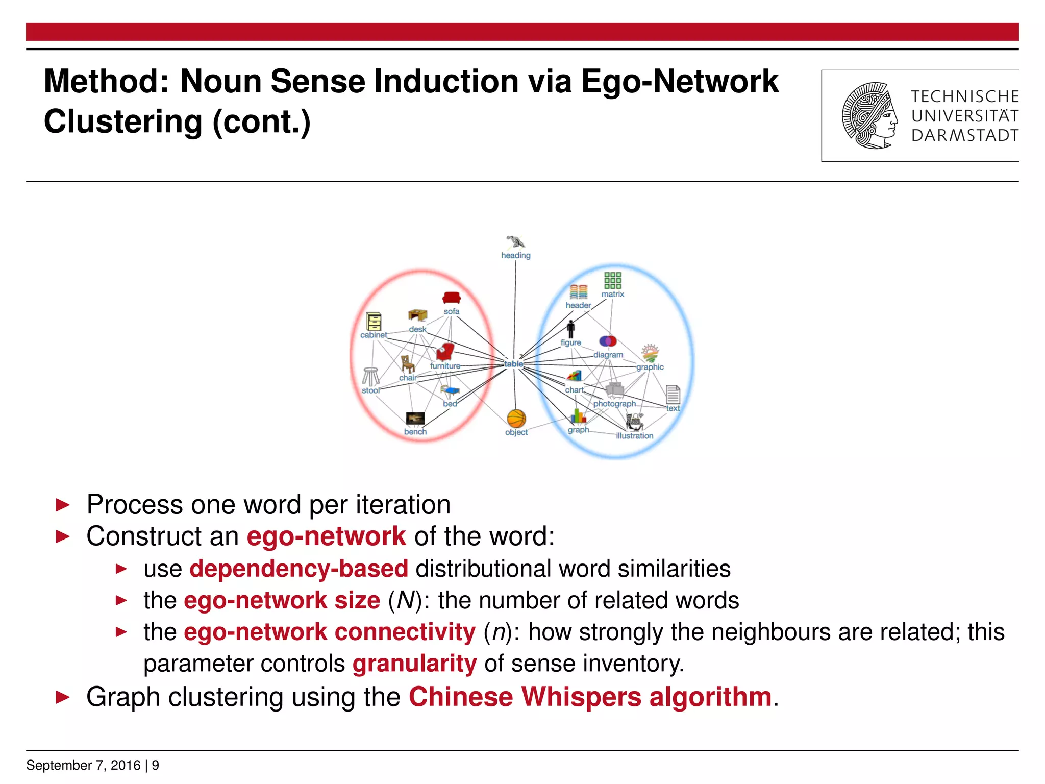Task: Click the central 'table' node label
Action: click(513, 364)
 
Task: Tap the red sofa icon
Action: click(452, 298)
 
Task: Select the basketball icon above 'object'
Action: click(516, 419)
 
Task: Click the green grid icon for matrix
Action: click(612, 280)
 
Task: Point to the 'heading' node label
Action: click(515, 255)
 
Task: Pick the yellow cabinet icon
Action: click(374, 322)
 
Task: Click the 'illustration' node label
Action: click(634, 436)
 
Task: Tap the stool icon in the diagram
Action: click(370, 376)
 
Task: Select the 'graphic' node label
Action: click(650, 367)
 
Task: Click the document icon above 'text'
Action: click(673, 395)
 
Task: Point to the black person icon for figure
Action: click(571, 329)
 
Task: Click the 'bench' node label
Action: click(415, 432)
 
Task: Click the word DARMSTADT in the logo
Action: click(964, 135)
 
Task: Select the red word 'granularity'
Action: click(414, 664)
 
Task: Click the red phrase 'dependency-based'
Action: click(298, 569)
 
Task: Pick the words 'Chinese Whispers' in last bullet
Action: click(525, 697)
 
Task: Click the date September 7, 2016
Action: click(83, 765)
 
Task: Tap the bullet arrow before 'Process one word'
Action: click(62, 505)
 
